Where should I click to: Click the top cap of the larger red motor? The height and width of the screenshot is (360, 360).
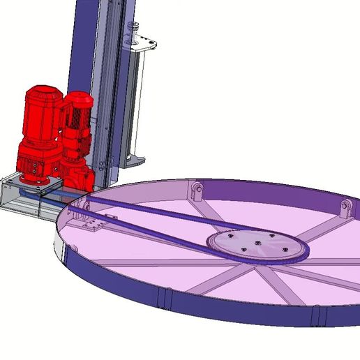click(x=43, y=93)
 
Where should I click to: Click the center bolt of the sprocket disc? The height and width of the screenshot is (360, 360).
click(x=257, y=243)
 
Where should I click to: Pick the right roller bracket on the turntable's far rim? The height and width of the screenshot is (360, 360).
click(x=345, y=208)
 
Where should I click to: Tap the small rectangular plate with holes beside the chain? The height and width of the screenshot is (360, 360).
click(x=91, y=225)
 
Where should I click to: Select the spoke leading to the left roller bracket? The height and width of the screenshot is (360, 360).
click(x=209, y=209)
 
